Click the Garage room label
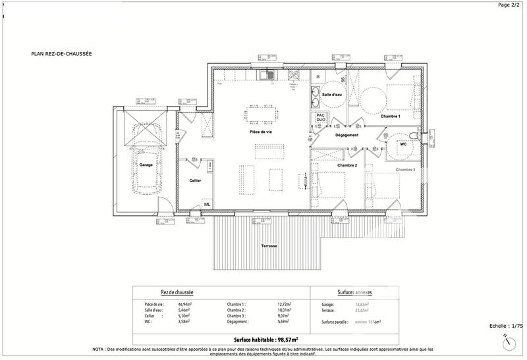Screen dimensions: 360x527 146,165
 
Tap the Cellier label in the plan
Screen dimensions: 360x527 195,180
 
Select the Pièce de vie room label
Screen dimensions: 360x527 261,132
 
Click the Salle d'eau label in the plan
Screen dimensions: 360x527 332,95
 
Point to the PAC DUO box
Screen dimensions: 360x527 321,116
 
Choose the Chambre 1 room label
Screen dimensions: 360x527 390,116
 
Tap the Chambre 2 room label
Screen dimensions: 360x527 347,165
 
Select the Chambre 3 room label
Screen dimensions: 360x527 405,169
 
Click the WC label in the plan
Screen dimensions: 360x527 402,143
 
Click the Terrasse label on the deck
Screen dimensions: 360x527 269,246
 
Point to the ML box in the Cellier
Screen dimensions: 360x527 207,203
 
